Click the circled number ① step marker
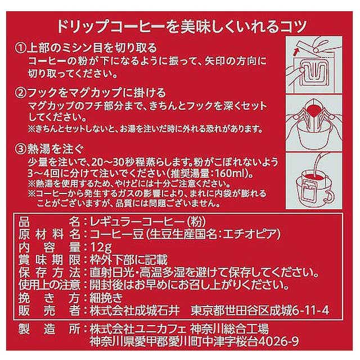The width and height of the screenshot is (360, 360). pyautogui.click(x=21, y=48)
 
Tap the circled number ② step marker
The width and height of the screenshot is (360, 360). pyautogui.click(x=21, y=93)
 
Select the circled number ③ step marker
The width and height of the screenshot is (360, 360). pyautogui.click(x=21, y=150)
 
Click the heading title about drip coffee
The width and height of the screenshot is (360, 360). pyautogui.click(x=182, y=26)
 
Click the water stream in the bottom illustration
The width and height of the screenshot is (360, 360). pyautogui.click(x=316, y=164)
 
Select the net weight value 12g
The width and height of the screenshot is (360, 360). pyautogui.click(x=101, y=247)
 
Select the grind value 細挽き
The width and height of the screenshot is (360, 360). pyautogui.click(x=106, y=298)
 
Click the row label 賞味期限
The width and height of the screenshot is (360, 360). pyautogui.click(x=49, y=260)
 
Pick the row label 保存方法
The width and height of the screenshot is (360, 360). pyautogui.click(x=49, y=273)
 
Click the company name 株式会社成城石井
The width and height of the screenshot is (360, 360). pyautogui.click(x=134, y=311)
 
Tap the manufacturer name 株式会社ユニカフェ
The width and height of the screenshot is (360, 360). pyautogui.click(x=138, y=330)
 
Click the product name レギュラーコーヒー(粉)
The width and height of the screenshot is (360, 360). pyautogui.click(x=148, y=222)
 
